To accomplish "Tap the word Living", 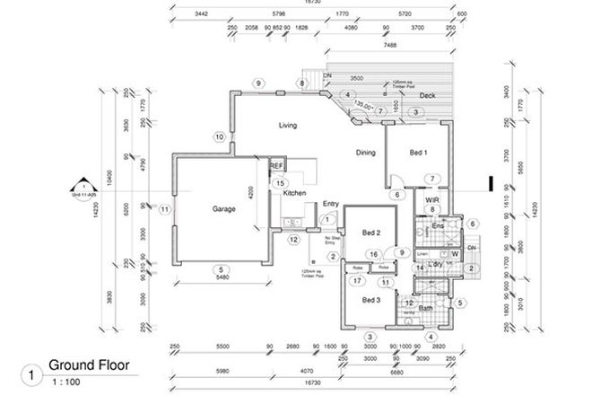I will click(x=287, y=125).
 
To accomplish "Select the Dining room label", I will click(x=364, y=152).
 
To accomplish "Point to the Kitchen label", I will click(x=296, y=193).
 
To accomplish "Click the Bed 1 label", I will click(x=419, y=154).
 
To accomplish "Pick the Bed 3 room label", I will click(x=371, y=299).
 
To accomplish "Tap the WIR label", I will click(x=431, y=200).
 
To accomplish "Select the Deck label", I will click(x=427, y=96).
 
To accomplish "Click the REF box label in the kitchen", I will click(x=277, y=166).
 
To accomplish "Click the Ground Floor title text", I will click(x=88, y=365).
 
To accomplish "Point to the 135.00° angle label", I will click(x=365, y=104).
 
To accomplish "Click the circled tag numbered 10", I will click(x=218, y=136).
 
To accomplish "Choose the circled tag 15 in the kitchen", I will click(x=280, y=182).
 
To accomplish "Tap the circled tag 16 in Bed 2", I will click(x=371, y=254).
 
